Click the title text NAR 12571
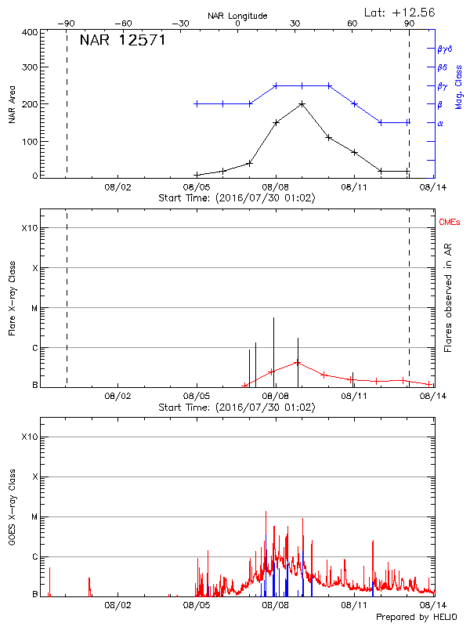[x=122, y=40]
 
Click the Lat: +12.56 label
[x=400, y=11]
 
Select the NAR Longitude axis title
[x=237, y=16]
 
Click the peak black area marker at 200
[x=302, y=103]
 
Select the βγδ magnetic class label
[x=443, y=49]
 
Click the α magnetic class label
[x=439, y=123]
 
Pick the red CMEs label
[x=449, y=223]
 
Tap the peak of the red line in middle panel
[x=297, y=362]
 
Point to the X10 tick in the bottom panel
[x=28, y=437]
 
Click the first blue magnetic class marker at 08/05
[x=196, y=103]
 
